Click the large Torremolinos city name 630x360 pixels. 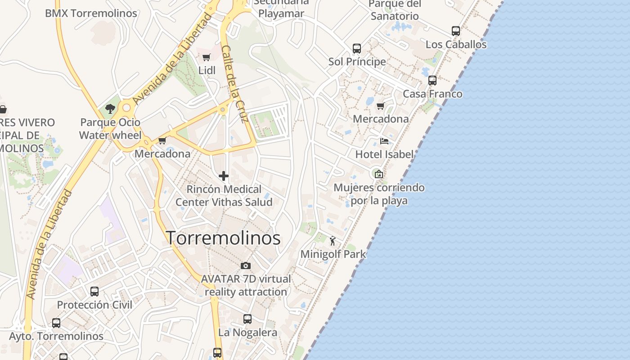224,238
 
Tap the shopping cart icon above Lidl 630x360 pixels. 207,57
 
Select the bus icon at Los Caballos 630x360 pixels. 456,31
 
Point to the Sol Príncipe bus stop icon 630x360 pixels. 357,48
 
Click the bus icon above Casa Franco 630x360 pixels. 432,81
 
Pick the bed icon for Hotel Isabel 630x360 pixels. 384,141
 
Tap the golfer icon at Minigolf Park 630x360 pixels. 333,241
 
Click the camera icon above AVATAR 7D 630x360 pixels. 245,265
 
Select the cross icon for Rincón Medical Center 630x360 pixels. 224,175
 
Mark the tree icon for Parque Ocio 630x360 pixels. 110,108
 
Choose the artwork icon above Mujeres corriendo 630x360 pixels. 379,174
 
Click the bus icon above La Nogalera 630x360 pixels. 247,319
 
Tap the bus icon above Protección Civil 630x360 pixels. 94,291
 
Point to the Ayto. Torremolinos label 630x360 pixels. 56,336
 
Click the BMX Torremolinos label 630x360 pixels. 91,13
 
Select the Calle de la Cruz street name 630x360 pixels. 235,84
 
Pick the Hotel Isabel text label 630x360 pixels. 384,154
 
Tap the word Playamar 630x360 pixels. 281,13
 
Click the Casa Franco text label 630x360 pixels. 432,94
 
